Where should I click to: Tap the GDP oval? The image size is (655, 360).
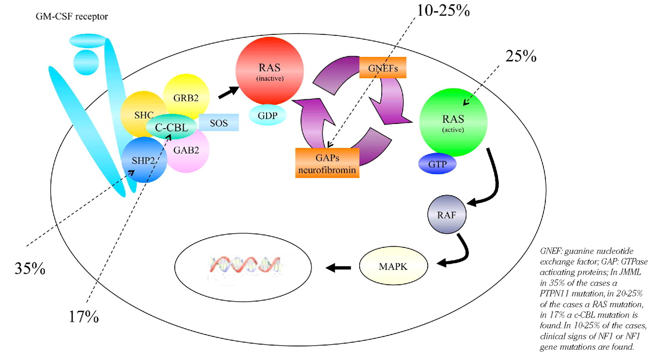268,116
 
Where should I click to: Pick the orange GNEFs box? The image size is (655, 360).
383,67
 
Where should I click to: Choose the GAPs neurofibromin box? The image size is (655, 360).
327,162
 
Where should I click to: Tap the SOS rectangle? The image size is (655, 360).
218,122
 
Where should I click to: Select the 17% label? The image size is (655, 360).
83,316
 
